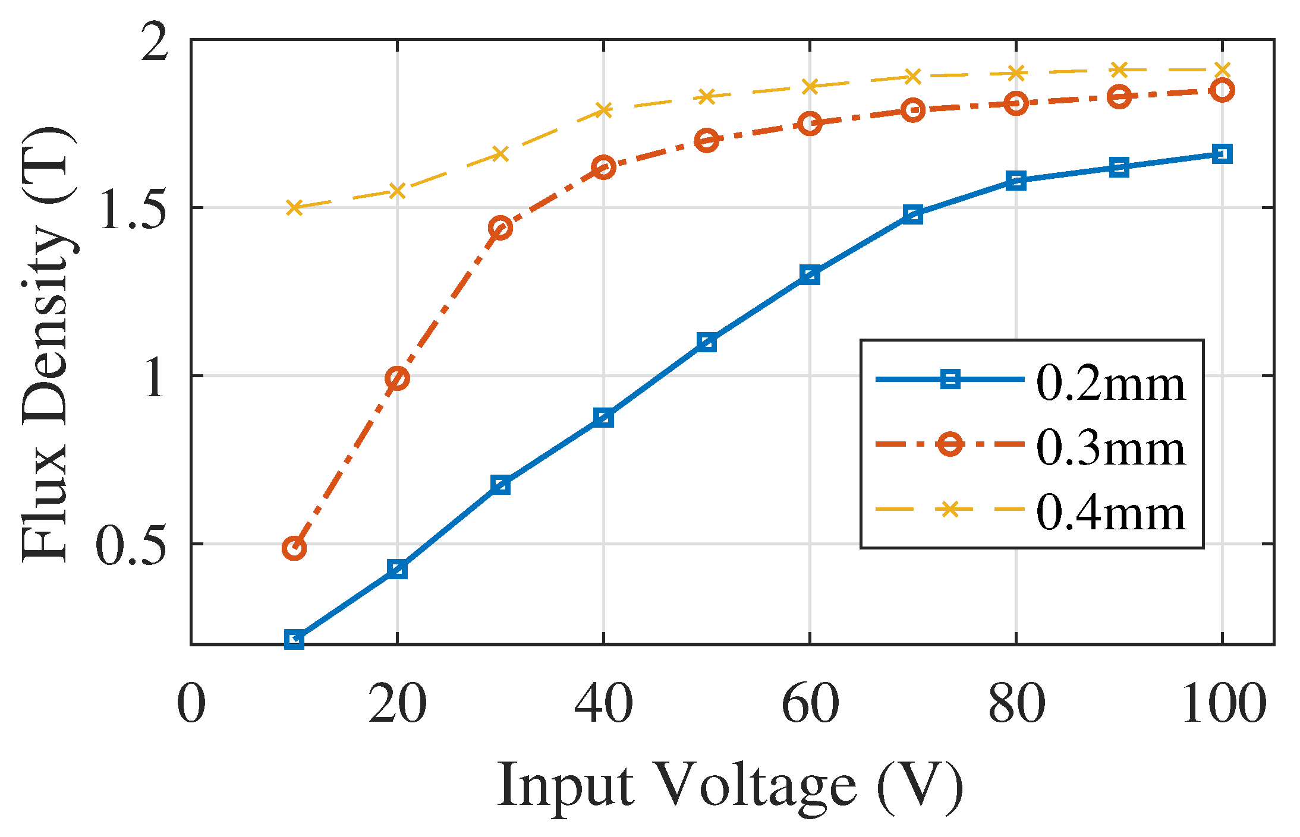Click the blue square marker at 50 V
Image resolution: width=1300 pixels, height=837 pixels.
coord(706,343)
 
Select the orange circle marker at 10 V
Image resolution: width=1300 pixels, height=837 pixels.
coord(294,548)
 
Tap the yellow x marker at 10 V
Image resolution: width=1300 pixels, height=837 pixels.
coord(294,207)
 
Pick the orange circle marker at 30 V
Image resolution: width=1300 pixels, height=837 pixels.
coord(501,228)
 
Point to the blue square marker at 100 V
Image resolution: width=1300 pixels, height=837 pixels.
coord(1222,154)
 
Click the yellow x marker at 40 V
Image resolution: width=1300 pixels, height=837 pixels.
coord(603,110)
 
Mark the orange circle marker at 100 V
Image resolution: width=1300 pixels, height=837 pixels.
coord(1222,90)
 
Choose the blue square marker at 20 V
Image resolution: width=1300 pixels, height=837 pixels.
coord(397,569)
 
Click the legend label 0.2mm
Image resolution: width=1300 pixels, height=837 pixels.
coord(1110,384)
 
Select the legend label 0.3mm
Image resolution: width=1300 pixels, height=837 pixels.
coord(1110,448)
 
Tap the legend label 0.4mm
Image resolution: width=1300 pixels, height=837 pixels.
coord(1110,512)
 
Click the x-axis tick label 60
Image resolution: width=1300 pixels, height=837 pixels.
coord(810,703)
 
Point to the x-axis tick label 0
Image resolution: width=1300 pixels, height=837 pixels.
coord(191,703)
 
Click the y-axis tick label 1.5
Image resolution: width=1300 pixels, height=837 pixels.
coord(131,209)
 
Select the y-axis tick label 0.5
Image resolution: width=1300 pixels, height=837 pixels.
coord(131,544)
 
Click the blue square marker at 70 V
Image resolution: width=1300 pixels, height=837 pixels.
coord(912,214)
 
